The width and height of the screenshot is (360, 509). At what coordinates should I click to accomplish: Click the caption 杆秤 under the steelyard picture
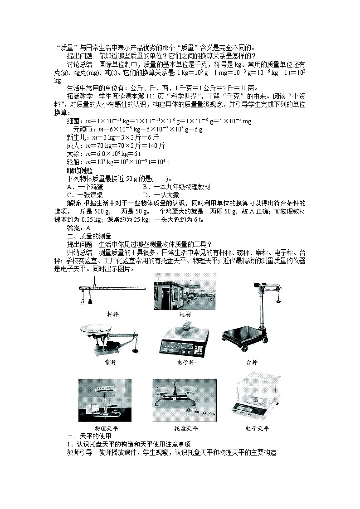112,314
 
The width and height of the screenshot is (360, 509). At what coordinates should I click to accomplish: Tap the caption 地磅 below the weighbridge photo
185,314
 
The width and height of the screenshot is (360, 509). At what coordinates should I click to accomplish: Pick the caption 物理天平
105,428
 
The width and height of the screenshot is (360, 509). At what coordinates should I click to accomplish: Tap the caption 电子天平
257,428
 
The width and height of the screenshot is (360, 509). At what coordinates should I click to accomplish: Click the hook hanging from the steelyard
82,299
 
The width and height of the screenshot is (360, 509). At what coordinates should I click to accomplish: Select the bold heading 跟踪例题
79,170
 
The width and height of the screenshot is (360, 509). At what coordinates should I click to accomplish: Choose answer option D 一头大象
158,194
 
